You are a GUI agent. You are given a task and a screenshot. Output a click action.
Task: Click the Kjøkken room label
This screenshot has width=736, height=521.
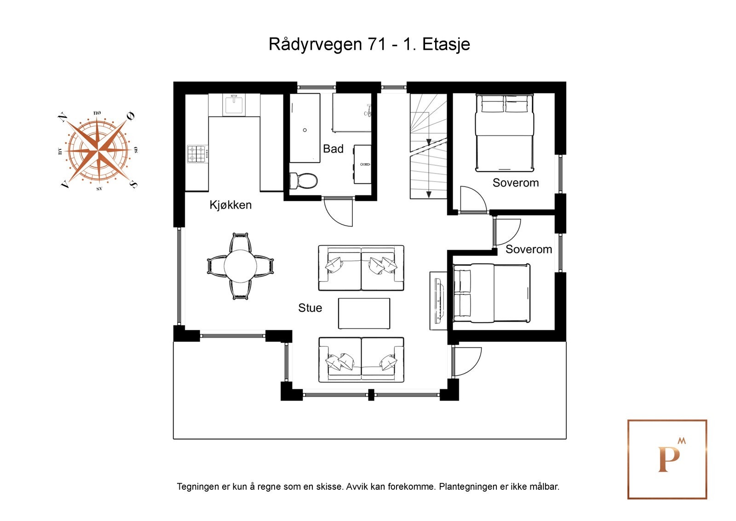[x=230, y=205]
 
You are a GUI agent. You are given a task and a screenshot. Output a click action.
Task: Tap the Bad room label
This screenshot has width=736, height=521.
[x=333, y=149]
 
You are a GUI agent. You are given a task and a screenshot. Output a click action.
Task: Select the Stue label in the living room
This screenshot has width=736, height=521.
[x=310, y=308]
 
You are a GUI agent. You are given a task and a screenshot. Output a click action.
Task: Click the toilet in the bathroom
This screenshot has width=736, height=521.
[x=303, y=181]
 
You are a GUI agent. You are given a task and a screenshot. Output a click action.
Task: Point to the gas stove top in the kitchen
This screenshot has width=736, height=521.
[x=198, y=154]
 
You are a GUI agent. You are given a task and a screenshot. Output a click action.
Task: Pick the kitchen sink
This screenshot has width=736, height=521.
[x=234, y=104]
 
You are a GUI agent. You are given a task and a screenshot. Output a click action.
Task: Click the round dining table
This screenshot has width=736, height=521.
[x=241, y=266]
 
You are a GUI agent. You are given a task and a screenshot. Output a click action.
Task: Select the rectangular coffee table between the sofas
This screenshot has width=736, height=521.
[x=364, y=313]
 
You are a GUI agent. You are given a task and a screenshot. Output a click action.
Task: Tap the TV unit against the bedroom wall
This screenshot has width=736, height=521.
[x=438, y=300]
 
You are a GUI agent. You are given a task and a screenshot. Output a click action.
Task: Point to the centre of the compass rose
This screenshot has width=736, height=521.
[x=98, y=151]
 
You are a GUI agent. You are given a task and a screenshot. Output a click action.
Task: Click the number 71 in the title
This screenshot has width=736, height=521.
[x=377, y=44]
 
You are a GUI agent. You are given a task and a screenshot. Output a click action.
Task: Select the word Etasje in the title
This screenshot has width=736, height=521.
[x=446, y=45]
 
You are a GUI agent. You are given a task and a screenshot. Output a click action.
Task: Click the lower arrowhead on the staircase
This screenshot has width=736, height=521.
[x=428, y=194]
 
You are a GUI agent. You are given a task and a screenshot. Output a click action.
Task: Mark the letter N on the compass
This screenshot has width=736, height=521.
[x=63, y=117]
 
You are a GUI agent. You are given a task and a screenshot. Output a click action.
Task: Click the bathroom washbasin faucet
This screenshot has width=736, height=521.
[x=365, y=164]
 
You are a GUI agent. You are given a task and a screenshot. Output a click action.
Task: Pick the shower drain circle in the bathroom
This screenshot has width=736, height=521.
[x=305, y=130]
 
